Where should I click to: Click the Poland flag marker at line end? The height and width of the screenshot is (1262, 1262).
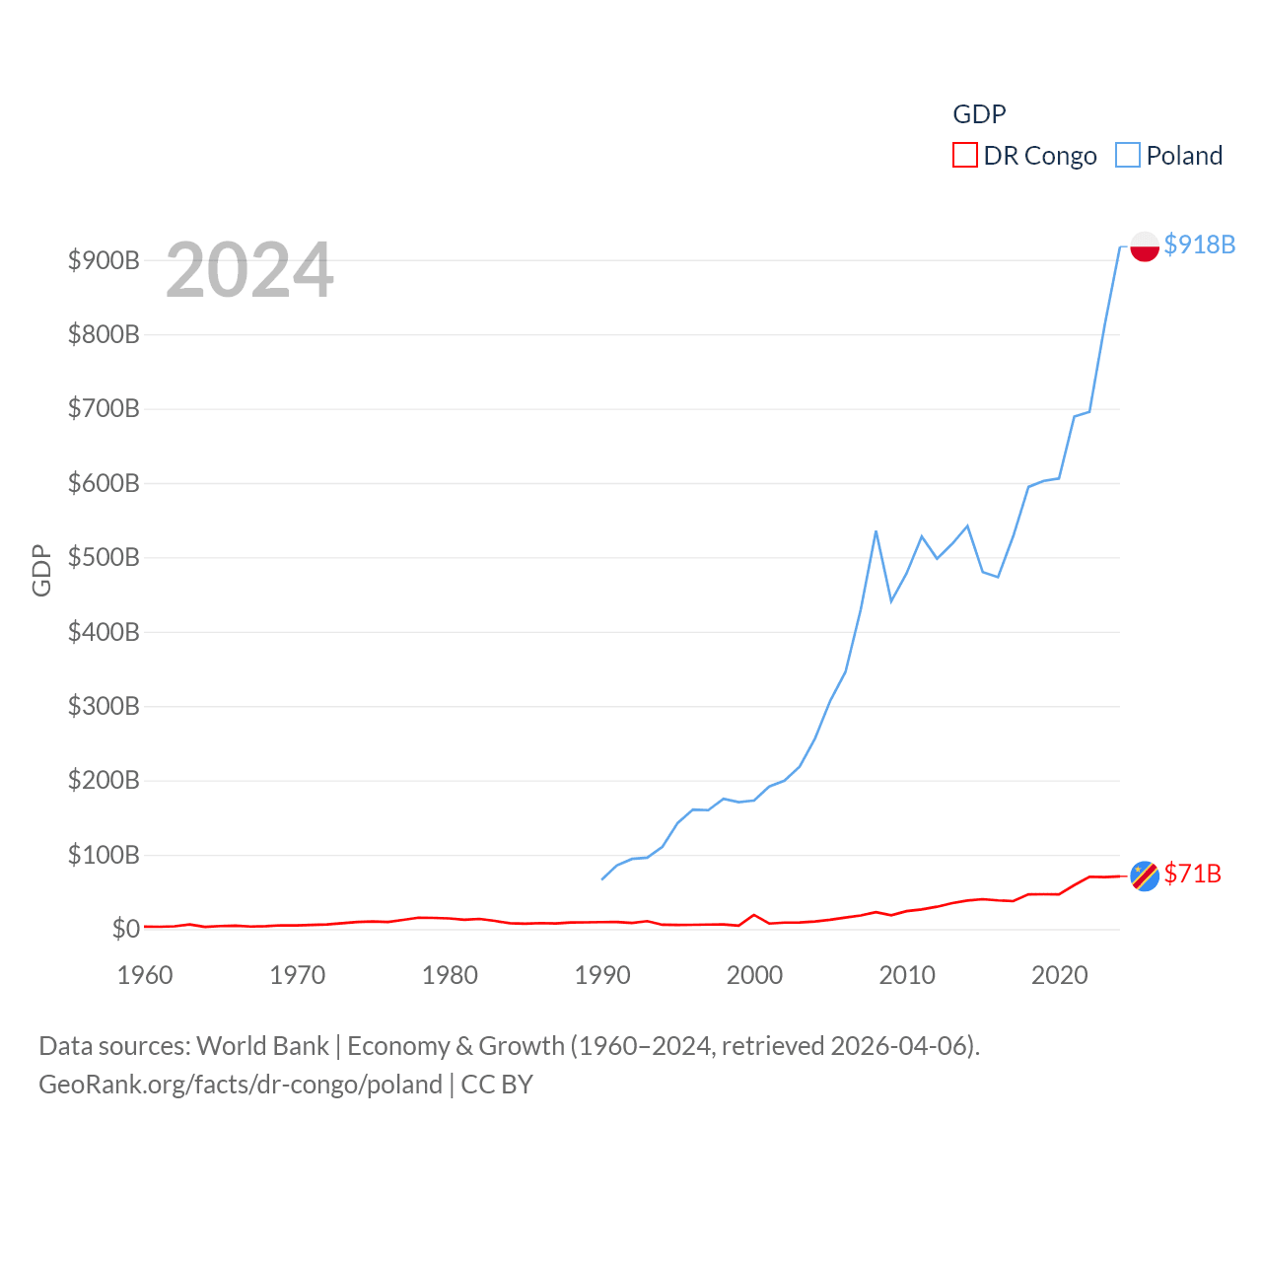coord(1144,245)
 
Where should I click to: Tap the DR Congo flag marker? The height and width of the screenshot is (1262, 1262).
coord(1144,876)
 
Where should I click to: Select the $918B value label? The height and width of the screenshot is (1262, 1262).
coord(1199,245)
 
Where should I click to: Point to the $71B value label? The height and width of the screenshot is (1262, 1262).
coord(1192,874)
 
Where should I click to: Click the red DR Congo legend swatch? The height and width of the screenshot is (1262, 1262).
coord(964,156)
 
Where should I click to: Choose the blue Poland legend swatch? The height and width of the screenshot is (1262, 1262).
coord(1127,156)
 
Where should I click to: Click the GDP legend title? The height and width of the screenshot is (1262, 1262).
coord(979,114)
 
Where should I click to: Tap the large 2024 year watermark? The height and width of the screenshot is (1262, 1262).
coord(249,270)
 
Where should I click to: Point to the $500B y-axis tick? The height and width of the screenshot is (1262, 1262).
coord(104,557)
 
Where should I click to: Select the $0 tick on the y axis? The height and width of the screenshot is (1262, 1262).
coord(125,929)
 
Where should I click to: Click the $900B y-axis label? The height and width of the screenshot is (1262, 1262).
coord(104,260)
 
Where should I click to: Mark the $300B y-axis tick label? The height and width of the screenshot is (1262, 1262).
coord(104,706)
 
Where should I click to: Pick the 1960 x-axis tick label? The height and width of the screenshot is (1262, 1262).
coord(145,975)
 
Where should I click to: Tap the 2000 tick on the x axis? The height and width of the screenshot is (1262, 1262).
coord(754,975)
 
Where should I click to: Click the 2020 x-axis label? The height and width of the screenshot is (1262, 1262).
coord(1059,975)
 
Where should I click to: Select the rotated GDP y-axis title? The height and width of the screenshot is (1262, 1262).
coord(41,570)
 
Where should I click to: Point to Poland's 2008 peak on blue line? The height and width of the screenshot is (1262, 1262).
coord(876,532)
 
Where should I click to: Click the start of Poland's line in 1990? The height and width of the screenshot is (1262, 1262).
coord(602,878)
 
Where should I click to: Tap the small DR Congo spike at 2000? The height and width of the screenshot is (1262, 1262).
coord(754,916)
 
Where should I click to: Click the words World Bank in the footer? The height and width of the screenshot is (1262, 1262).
coord(262,1045)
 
